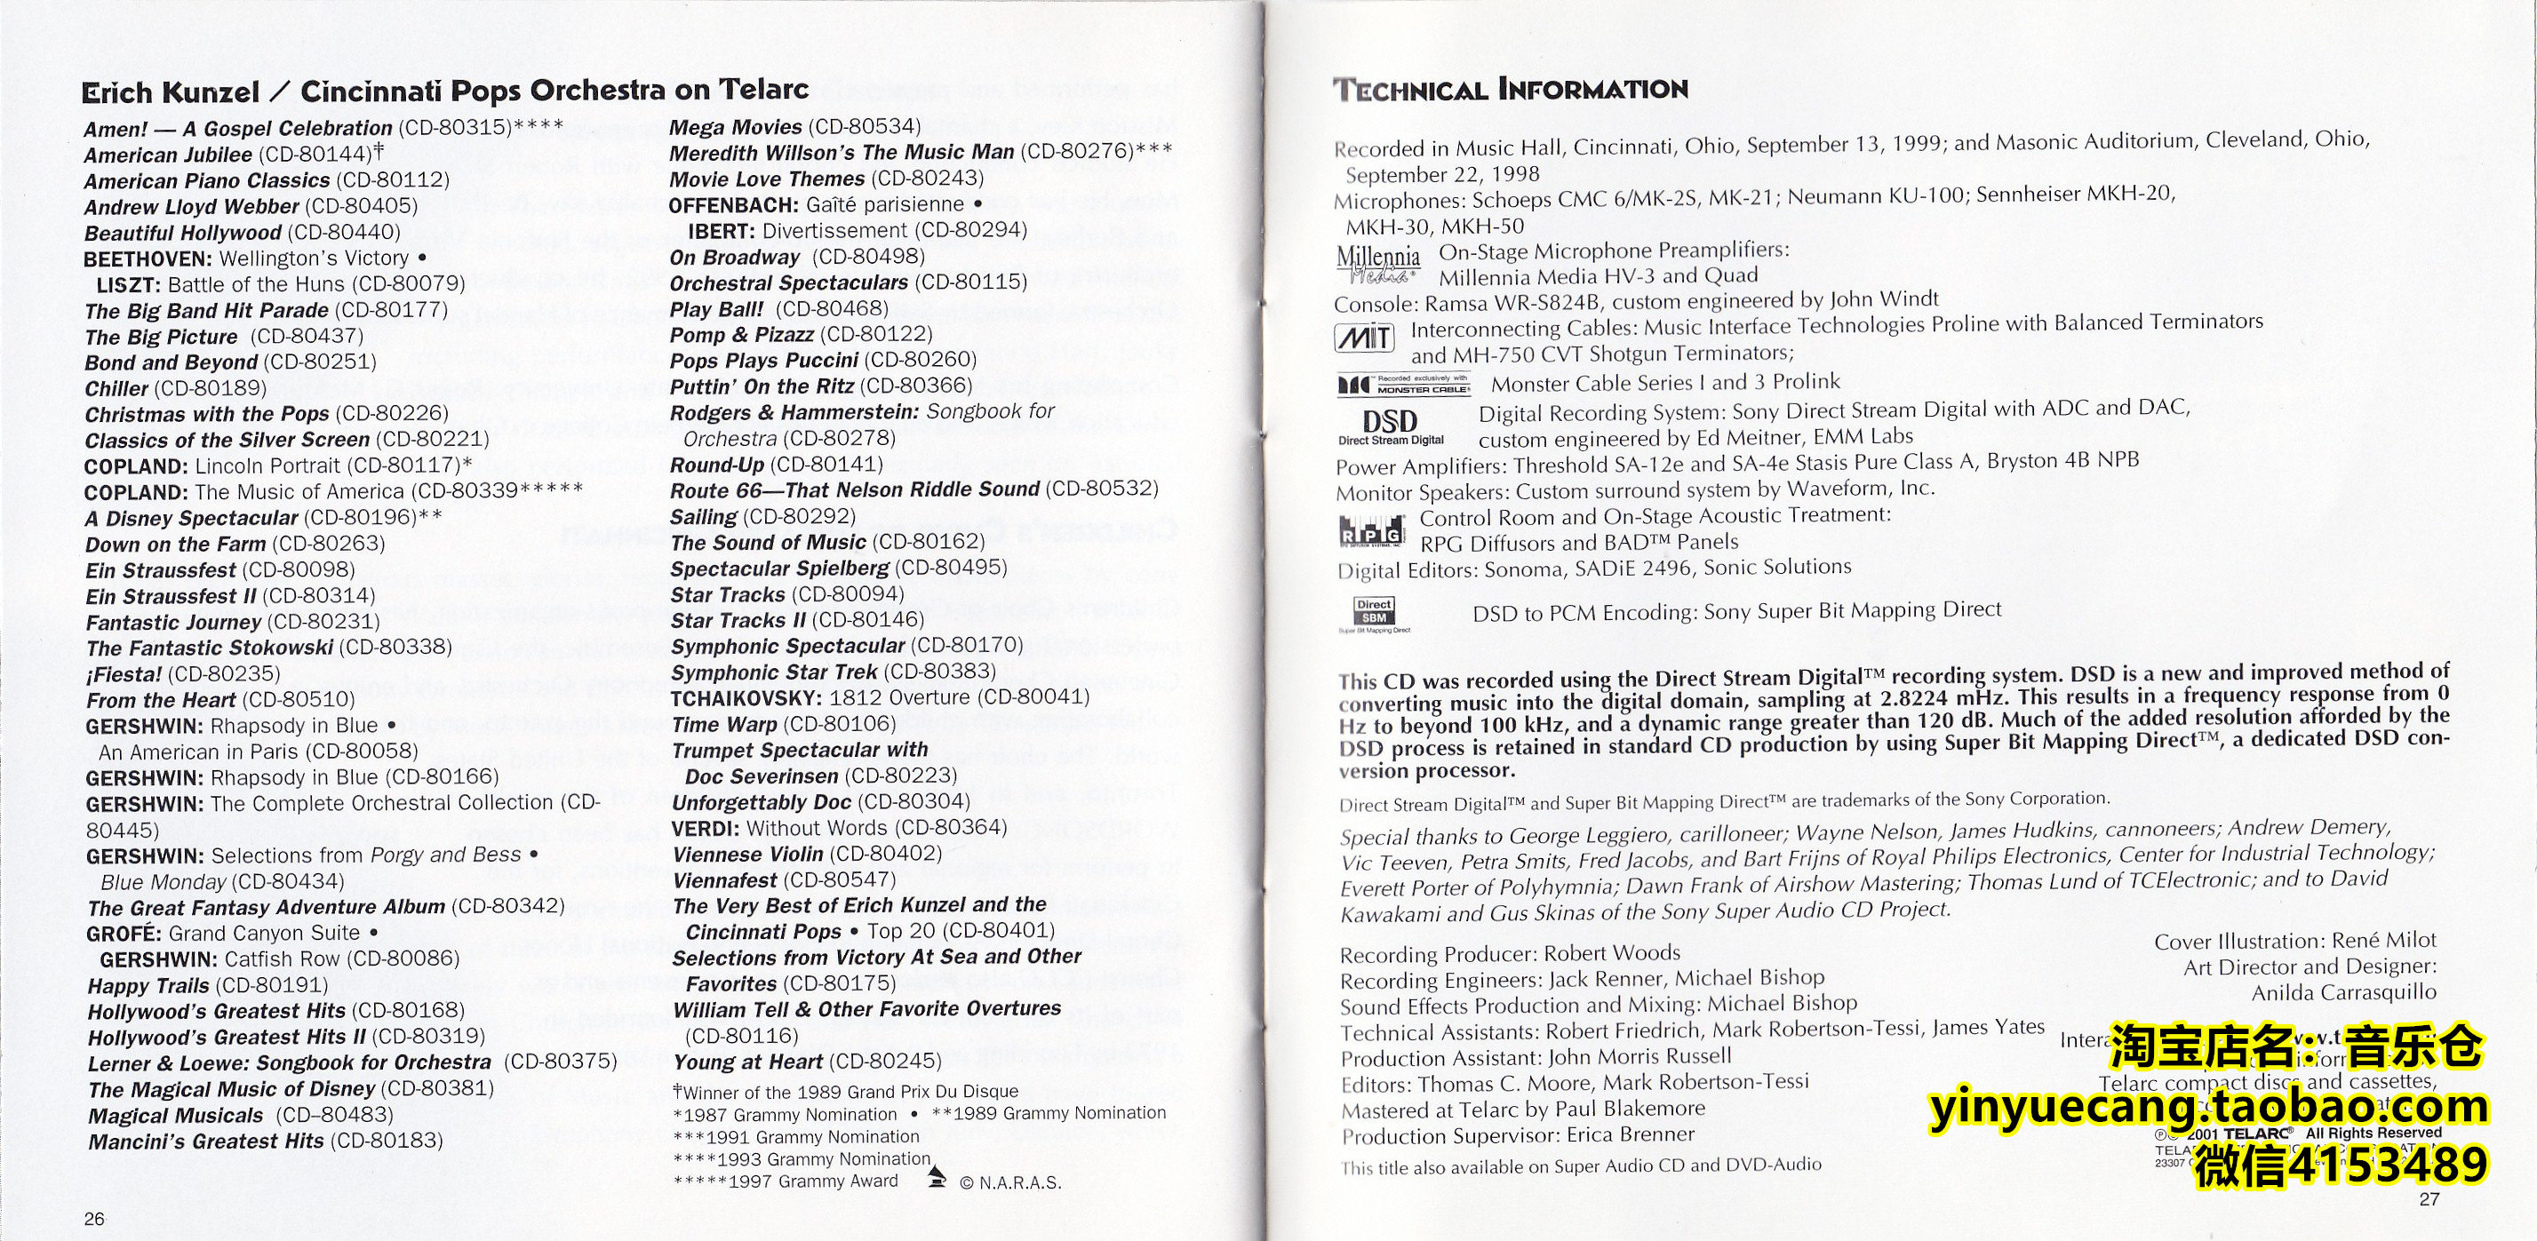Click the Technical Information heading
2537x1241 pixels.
(x=1510, y=90)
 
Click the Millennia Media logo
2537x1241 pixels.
(x=1378, y=263)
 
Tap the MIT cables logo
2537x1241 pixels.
(x=1364, y=338)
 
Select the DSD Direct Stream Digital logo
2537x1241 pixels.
(x=1390, y=426)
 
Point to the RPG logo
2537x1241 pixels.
(x=1371, y=531)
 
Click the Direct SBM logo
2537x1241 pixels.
(x=1374, y=613)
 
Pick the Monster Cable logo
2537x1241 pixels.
(x=1402, y=384)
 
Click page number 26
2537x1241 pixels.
(x=93, y=1218)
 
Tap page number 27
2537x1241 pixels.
(x=2429, y=1198)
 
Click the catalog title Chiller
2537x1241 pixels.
(x=116, y=389)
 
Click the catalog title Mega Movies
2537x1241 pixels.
(x=735, y=127)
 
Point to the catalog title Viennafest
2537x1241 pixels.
(x=727, y=879)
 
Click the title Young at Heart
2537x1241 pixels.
(x=747, y=1062)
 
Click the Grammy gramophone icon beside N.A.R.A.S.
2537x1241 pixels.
(x=937, y=1177)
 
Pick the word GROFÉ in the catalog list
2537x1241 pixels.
(x=124, y=934)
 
